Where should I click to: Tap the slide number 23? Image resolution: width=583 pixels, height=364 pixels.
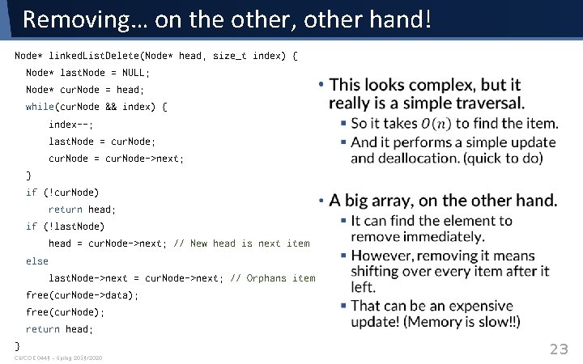click(x=560, y=349)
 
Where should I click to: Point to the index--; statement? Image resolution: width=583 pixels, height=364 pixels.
click(x=71, y=124)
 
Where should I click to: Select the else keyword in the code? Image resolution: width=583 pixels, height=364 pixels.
click(x=37, y=261)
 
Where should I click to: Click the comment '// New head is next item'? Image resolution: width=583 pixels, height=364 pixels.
click(x=241, y=243)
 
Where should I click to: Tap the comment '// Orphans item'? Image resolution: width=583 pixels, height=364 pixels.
click(x=273, y=278)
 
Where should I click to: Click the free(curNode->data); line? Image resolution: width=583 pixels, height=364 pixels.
click(x=83, y=295)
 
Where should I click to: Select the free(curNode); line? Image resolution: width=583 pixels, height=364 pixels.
click(x=66, y=312)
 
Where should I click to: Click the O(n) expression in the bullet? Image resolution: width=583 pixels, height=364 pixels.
click(x=436, y=124)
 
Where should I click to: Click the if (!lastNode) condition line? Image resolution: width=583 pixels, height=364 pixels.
click(x=66, y=226)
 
